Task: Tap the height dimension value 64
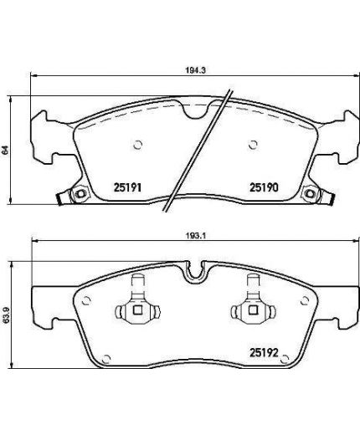[8, 149]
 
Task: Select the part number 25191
[125, 188]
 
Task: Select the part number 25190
[262, 188]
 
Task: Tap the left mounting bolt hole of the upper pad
[81, 195]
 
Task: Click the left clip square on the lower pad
[135, 312]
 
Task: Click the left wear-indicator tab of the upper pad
[62, 199]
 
